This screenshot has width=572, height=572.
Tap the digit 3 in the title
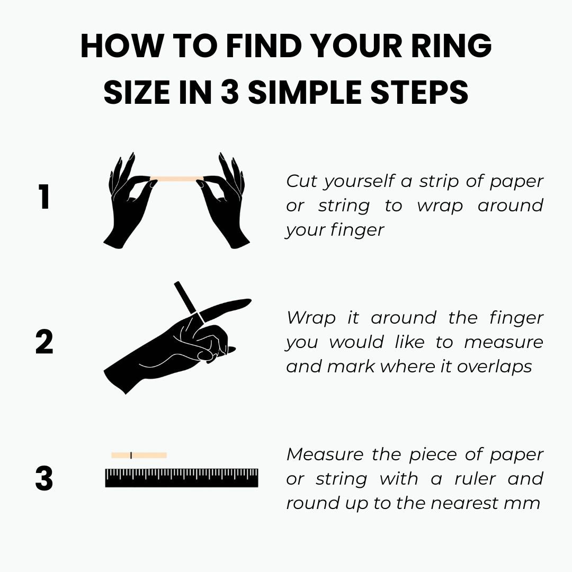click(x=230, y=92)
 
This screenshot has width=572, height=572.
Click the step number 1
click(x=44, y=196)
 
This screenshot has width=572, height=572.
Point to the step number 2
click(x=44, y=342)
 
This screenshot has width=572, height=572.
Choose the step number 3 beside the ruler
click(x=44, y=478)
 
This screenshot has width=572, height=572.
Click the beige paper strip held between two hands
click(x=176, y=179)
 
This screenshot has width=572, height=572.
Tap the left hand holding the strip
click(x=130, y=201)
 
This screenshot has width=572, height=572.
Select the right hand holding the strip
click(x=224, y=201)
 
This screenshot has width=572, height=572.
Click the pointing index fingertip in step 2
click(x=248, y=301)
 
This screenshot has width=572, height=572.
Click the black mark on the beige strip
click(x=131, y=455)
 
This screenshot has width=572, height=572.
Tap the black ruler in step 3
click(x=182, y=478)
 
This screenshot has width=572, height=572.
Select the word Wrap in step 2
click(x=311, y=318)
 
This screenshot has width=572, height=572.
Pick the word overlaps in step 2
click(x=494, y=367)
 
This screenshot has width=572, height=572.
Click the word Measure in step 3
click(x=325, y=454)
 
